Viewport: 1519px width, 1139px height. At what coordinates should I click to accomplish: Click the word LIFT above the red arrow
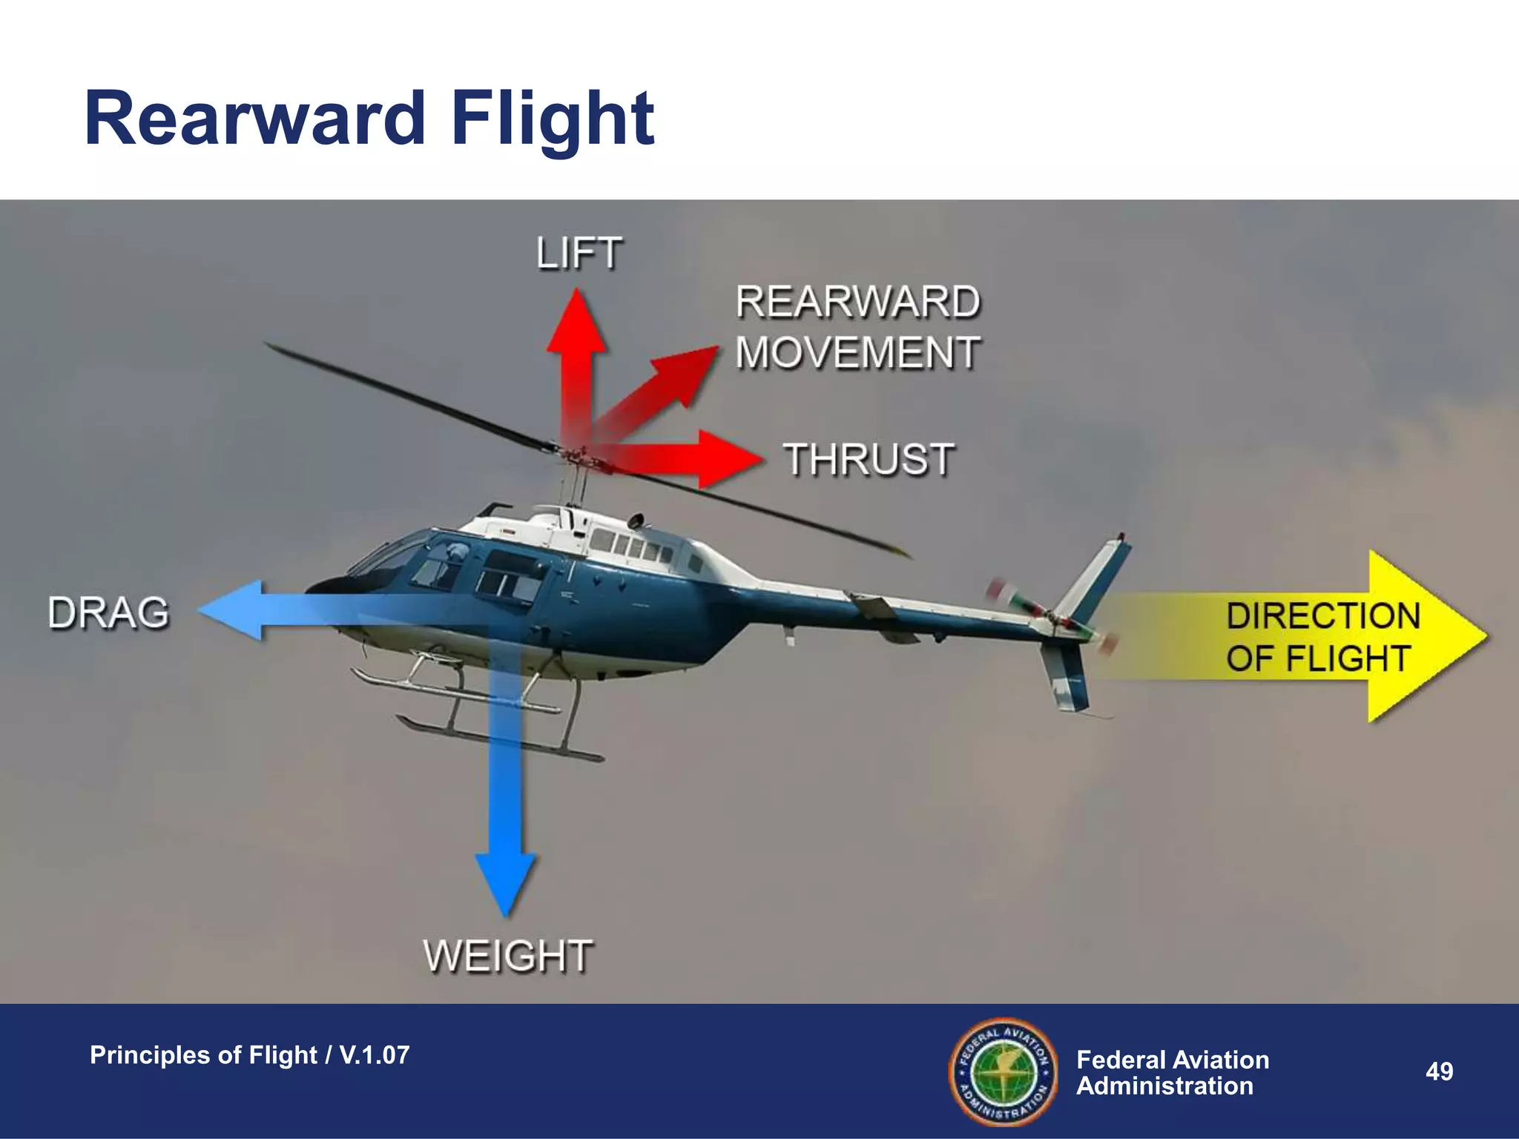(x=579, y=254)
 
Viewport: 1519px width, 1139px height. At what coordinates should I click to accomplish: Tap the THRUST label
(x=869, y=459)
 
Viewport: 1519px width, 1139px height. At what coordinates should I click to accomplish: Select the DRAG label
(x=109, y=613)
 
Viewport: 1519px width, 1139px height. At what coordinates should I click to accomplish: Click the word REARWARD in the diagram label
(x=858, y=303)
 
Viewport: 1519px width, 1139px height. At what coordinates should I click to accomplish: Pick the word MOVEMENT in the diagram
(x=858, y=352)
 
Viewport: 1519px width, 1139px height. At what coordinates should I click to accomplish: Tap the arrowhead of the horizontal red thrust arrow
(x=731, y=460)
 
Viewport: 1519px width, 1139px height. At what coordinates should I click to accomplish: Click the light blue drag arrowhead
(x=230, y=610)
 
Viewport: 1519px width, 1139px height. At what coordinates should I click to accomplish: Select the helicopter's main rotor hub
(x=573, y=451)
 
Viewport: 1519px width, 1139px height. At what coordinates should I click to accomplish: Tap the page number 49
(x=1439, y=1072)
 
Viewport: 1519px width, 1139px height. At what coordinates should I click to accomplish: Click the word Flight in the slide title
(x=553, y=119)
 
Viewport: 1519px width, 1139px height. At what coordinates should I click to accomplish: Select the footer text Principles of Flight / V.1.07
(x=249, y=1054)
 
